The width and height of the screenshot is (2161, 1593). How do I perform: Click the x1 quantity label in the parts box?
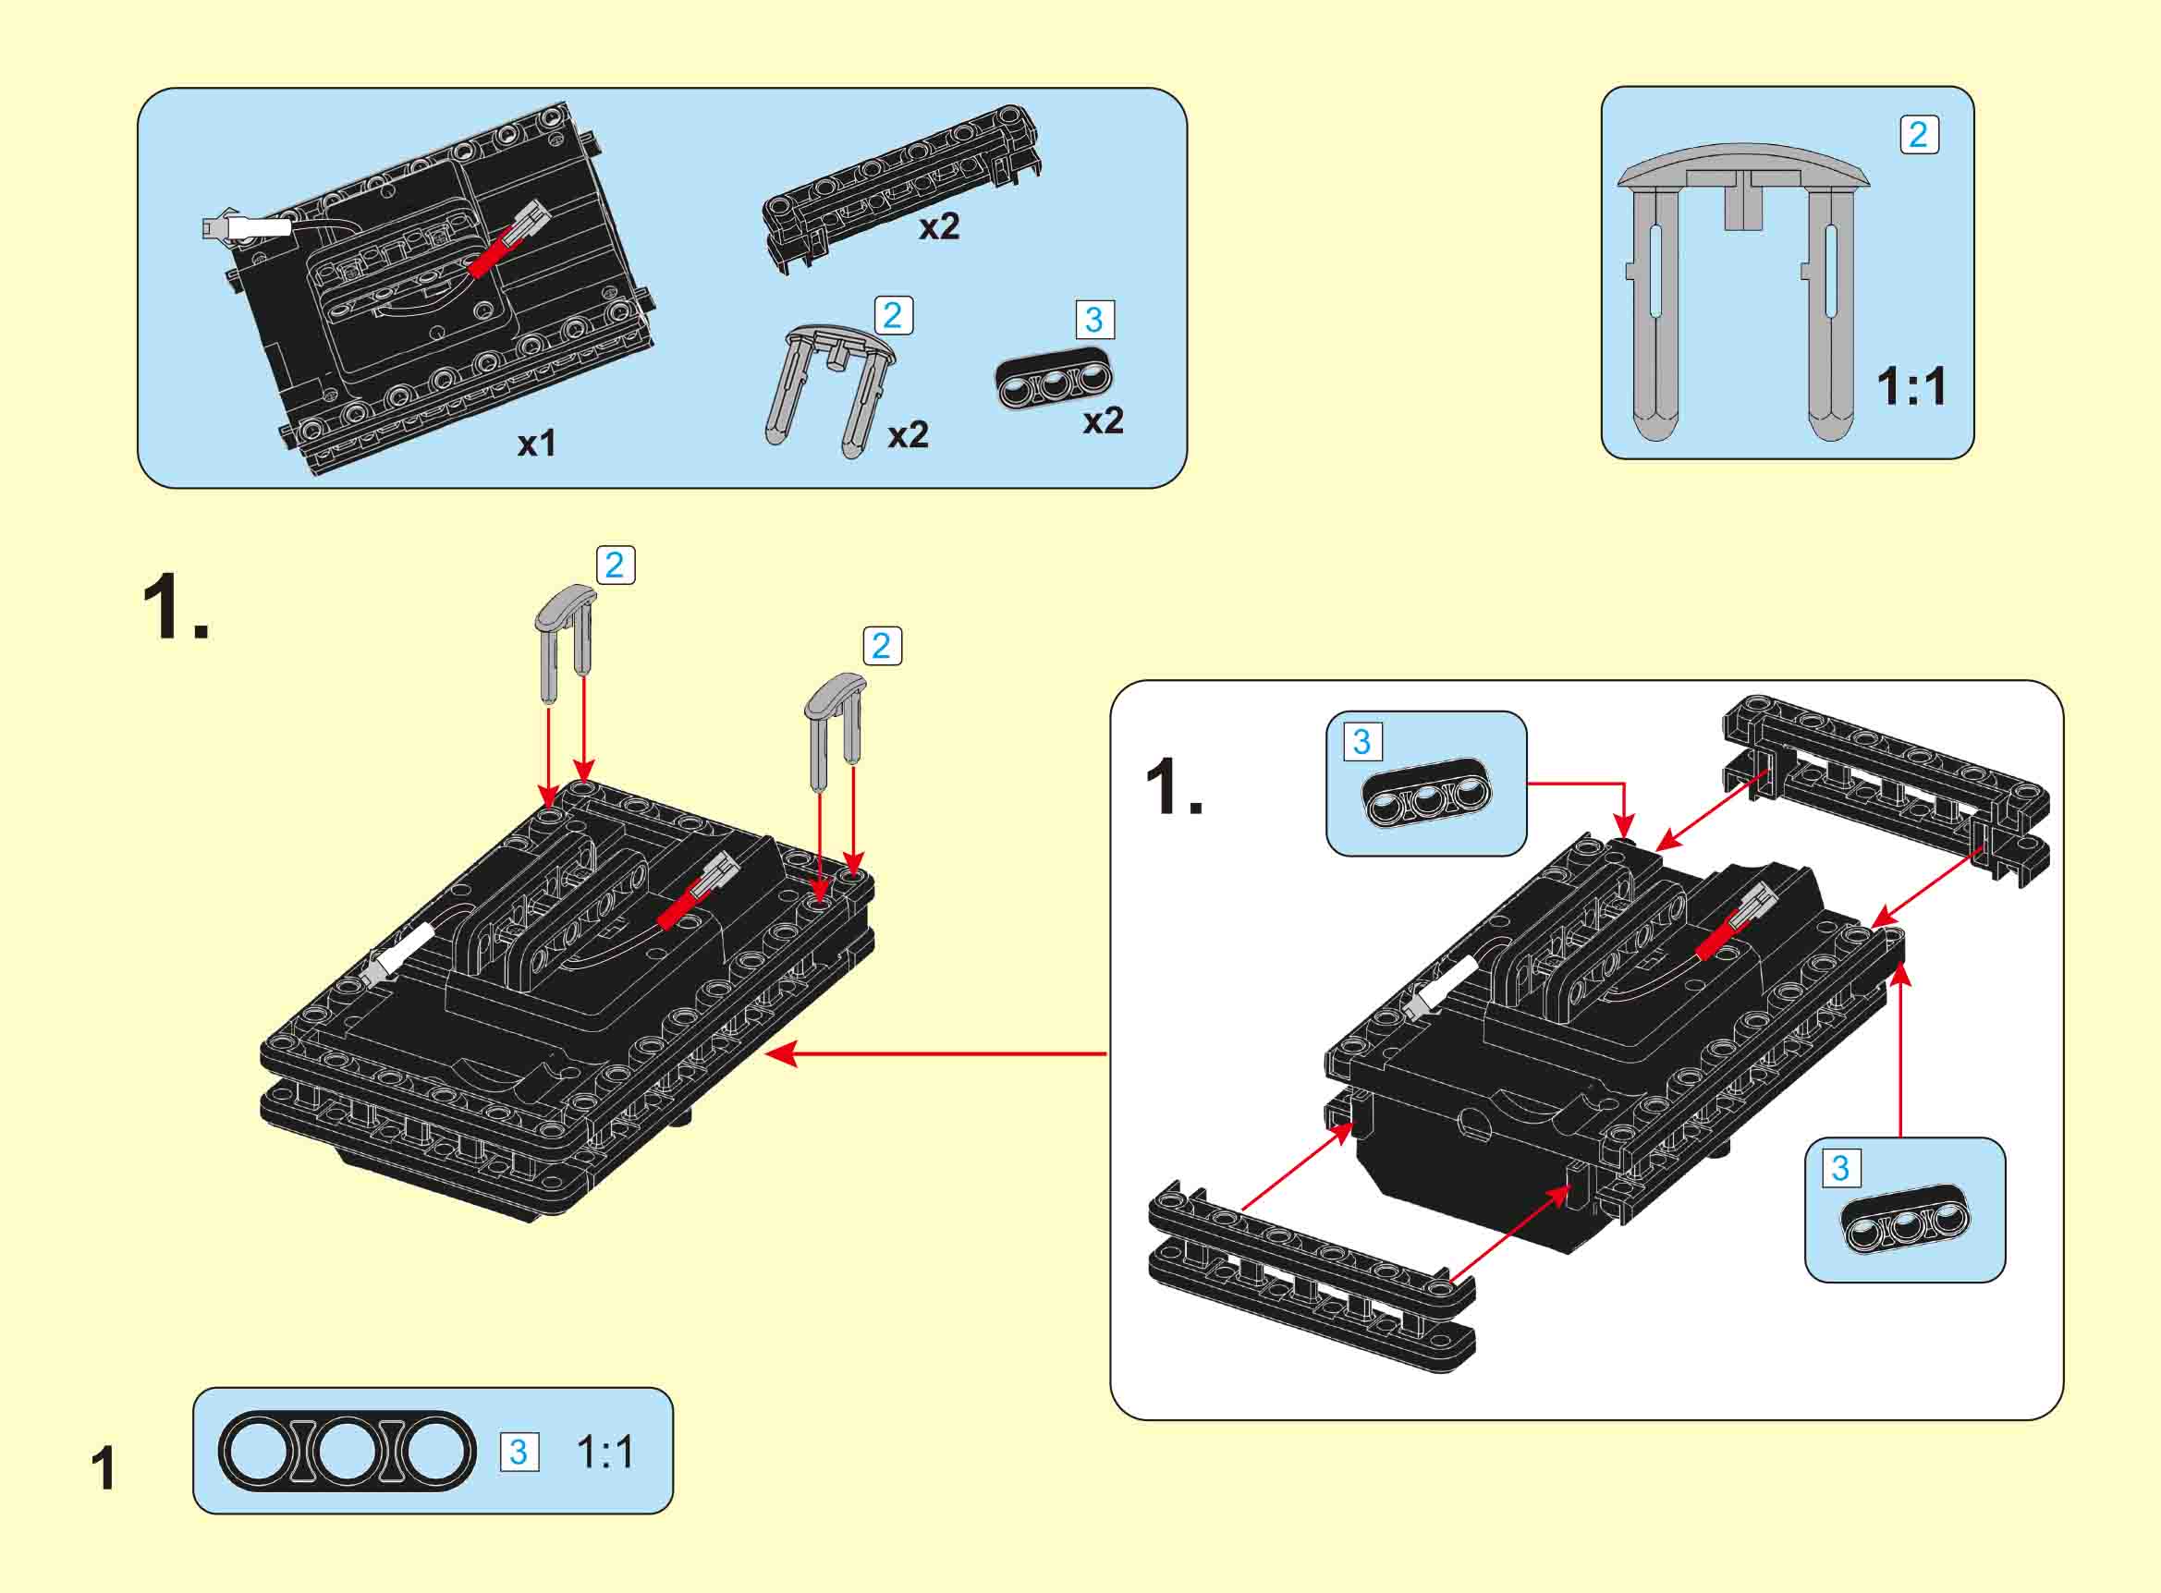point(537,444)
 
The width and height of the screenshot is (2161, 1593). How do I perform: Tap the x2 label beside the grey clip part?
point(908,435)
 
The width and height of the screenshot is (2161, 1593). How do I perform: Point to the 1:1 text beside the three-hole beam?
point(605,1452)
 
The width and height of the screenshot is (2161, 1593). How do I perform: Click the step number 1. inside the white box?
point(1174,788)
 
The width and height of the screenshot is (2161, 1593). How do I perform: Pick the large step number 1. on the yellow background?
point(175,606)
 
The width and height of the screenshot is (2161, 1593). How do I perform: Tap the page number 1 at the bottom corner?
point(104,1468)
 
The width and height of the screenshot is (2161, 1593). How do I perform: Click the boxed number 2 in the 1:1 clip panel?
point(1918,134)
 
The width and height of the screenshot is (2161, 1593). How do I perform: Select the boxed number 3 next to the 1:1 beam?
point(518,1452)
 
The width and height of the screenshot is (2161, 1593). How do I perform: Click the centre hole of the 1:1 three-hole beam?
point(348,1452)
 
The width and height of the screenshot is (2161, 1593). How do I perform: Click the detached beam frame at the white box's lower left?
point(1312,1273)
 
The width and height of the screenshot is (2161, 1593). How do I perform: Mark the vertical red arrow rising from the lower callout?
point(1899,1052)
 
